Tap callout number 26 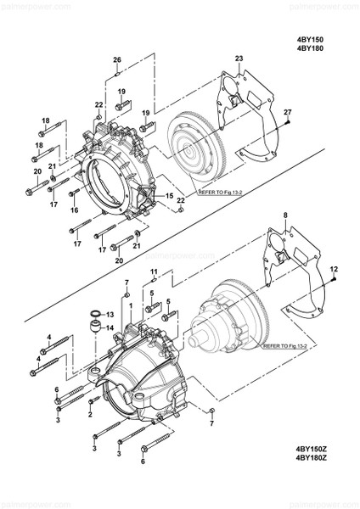click(118, 59)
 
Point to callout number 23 click(239, 59)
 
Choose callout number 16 click(75, 210)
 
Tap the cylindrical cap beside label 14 click(94, 327)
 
